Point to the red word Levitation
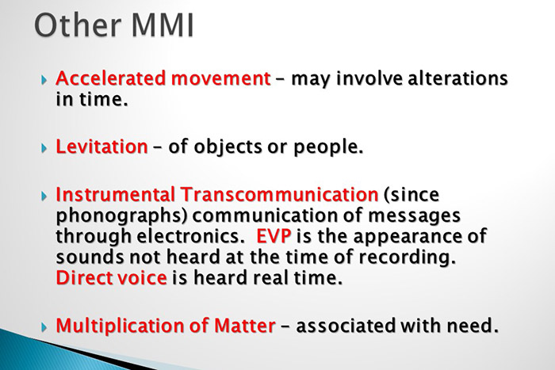point(101,147)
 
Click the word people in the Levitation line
point(325,147)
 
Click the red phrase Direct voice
point(112,277)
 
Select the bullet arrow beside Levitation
point(44,148)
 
